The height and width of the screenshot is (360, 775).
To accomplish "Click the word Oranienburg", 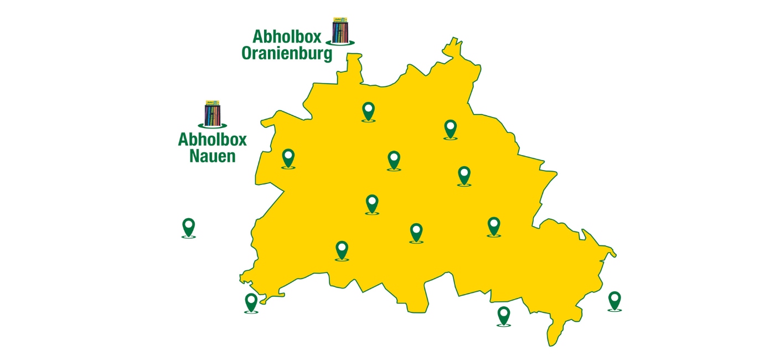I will pos(287,54).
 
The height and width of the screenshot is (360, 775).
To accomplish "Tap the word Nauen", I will pos(213,156).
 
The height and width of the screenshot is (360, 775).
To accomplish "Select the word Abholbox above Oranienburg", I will pos(288,37).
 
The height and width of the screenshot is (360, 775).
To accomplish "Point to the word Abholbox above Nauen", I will pos(213,139).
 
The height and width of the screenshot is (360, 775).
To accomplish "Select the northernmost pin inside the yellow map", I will pos(368,111).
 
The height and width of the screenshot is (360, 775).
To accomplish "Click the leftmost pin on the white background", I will pos(188,227).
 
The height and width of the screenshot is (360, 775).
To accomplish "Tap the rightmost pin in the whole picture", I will pos(614,300).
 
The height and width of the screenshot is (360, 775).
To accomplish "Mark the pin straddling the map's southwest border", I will pos(251,302).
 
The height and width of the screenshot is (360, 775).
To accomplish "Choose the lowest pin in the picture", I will pos(503,315).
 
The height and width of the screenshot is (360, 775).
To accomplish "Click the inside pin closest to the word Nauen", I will pos(288,158).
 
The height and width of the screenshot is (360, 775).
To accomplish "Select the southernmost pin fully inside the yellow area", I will pos(342,250).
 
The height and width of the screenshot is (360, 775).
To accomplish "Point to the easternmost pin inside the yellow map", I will pos(493,226).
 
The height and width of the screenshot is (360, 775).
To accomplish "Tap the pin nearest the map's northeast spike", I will pos(451,128).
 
